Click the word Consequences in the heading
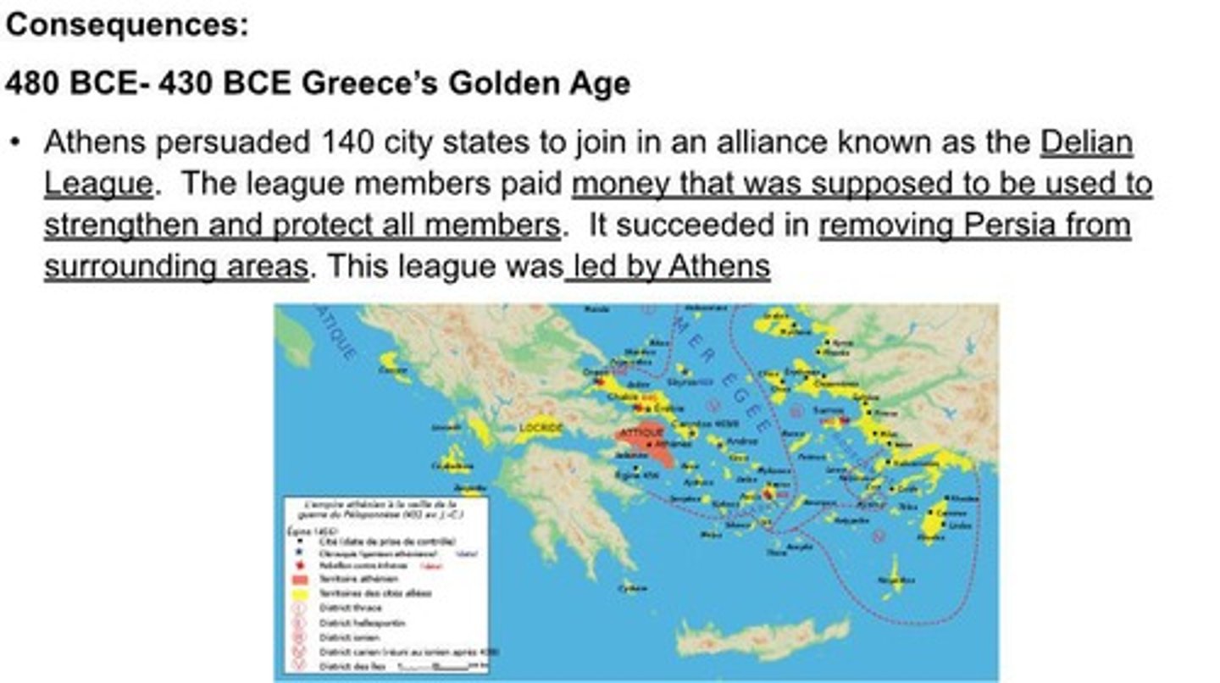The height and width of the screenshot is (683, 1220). click(127, 25)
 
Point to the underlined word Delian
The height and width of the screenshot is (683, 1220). click(1085, 142)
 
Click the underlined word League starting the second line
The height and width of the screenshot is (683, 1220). click(98, 183)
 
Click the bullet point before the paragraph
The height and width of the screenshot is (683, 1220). click(14, 142)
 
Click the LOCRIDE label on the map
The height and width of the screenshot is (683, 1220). click(541, 428)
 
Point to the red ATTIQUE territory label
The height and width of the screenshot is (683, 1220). click(641, 433)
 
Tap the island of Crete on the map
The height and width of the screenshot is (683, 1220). click(762, 637)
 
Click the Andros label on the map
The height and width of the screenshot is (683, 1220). click(742, 441)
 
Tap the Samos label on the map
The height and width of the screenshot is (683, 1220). click(828, 410)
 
